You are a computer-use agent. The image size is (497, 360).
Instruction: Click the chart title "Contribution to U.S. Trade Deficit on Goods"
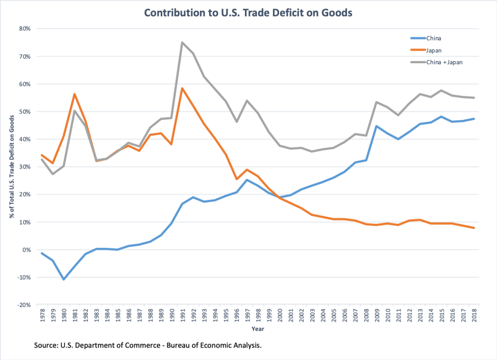(x=248, y=12)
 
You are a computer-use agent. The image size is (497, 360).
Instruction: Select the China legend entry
(x=433, y=38)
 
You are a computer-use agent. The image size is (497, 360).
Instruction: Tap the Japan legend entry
(x=434, y=50)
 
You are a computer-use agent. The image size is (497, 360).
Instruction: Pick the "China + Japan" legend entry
(x=444, y=62)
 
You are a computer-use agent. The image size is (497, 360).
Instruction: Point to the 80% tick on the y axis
(x=24, y=29)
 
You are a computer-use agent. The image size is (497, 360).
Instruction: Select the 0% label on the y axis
(x=26, y=250)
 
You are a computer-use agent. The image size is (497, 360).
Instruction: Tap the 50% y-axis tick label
(x=24, y=112)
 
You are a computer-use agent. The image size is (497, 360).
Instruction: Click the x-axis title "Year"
(x=258, y=329)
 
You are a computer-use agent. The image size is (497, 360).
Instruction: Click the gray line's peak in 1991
(x=182, y=43)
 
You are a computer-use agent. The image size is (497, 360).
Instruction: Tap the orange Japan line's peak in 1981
(x=74, y=94)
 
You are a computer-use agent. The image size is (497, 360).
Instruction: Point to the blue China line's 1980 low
(x=64, y=279)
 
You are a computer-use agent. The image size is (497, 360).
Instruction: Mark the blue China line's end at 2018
(x=474, y=119)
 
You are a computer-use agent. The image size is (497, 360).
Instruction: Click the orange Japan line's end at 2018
(x=474, y=228)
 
